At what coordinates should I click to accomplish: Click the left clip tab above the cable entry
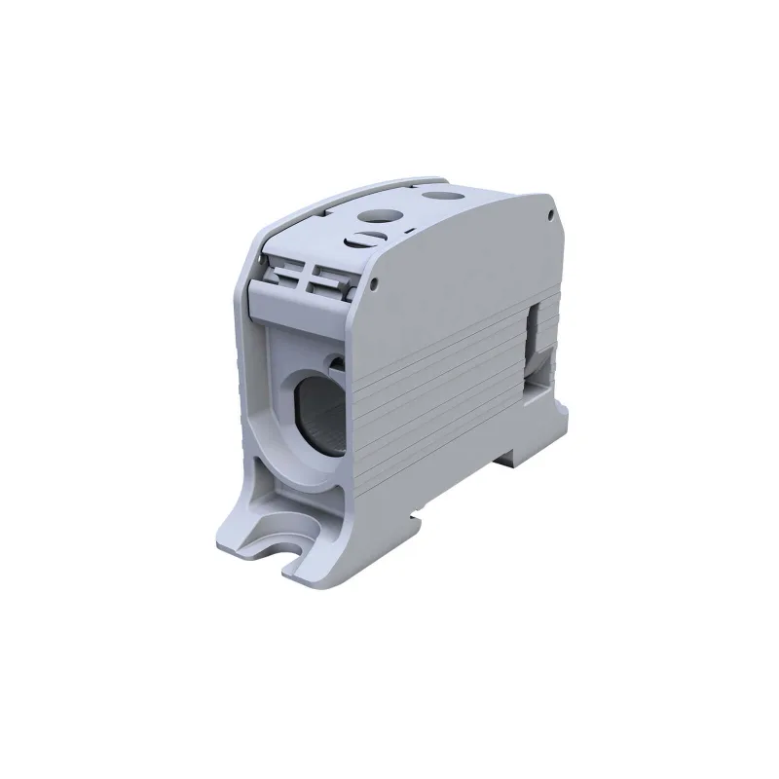[286, 277]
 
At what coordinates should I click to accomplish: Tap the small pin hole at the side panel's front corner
[375, 283]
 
